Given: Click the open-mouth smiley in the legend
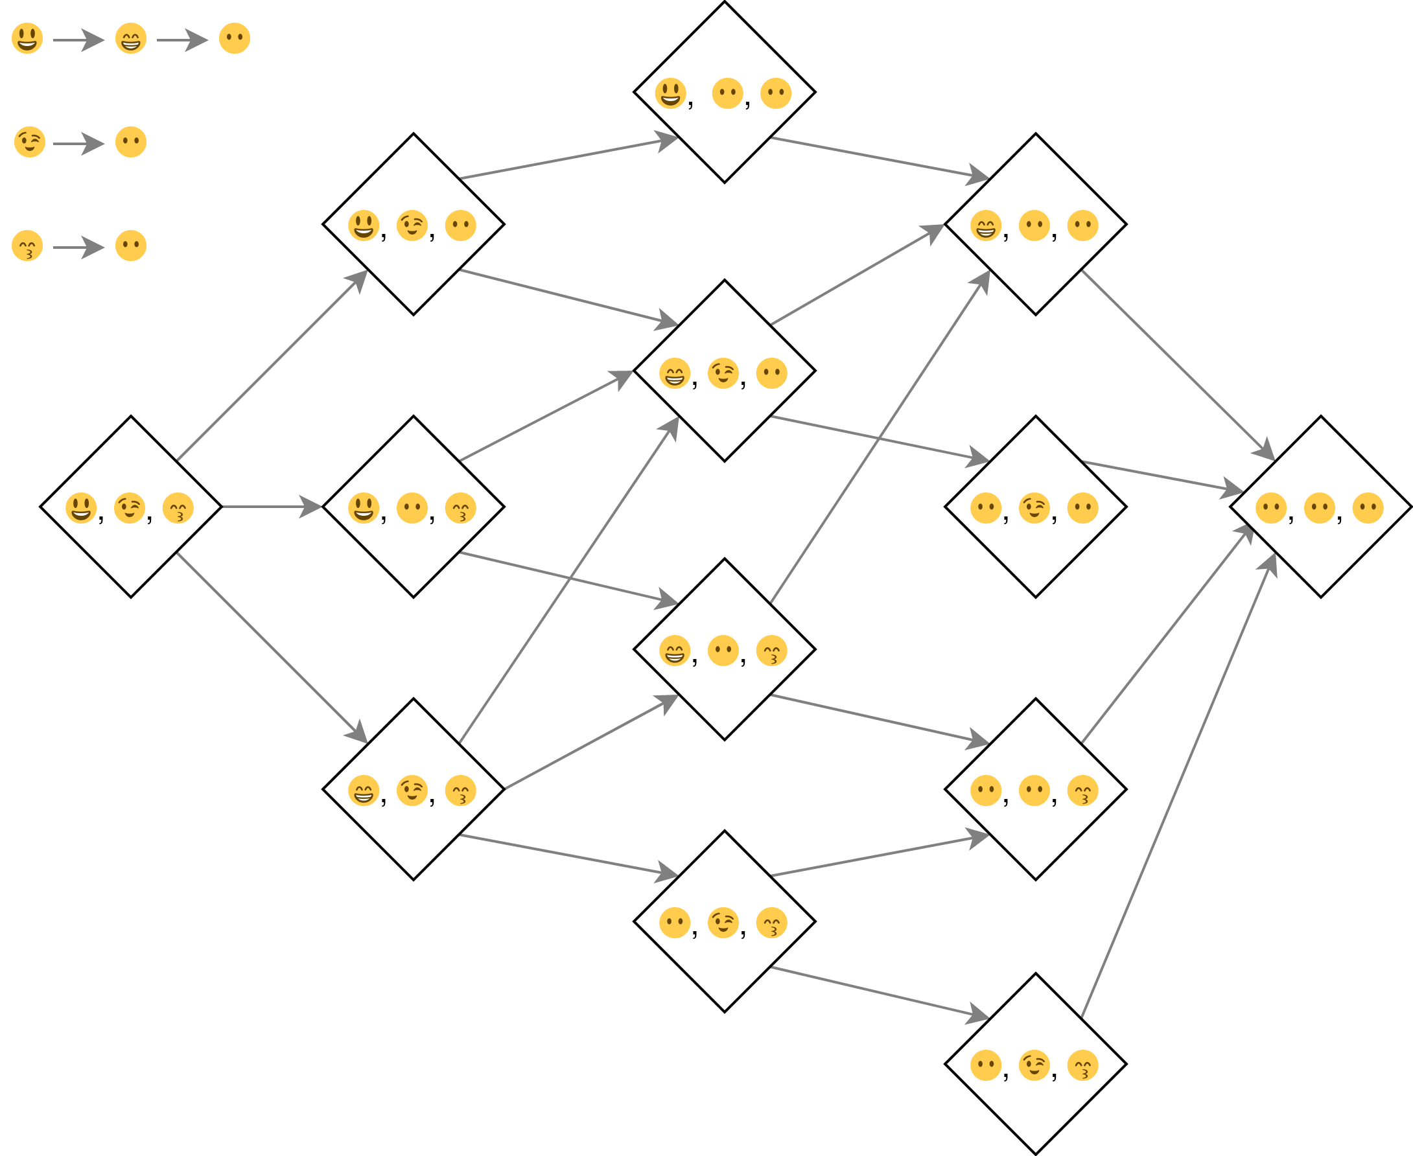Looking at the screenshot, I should [x=27, y=39].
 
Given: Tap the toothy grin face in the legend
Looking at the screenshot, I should [x=130, y=39].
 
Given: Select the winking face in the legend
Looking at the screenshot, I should [x=30, y=142].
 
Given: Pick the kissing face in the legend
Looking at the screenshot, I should [x=27, y=246].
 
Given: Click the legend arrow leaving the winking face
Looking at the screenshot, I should [x=78, y=144].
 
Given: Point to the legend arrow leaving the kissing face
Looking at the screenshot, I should [x=78, y=248].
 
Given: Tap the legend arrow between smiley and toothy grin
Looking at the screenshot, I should [x=78, y=41].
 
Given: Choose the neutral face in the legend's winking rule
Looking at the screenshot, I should [x=130, y=142].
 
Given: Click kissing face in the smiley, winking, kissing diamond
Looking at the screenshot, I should [x=178, y=508].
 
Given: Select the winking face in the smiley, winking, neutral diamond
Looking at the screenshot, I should [x=412, y=225].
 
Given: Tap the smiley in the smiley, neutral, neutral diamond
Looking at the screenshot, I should [x=670, y=93].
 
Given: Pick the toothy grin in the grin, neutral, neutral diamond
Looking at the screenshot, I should [x=985, y=225].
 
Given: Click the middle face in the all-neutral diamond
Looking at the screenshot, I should [x=1319, y=508].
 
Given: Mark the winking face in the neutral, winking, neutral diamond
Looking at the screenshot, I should [x=1034, y=508].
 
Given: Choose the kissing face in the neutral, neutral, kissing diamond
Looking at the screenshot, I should [x=1082, y=791].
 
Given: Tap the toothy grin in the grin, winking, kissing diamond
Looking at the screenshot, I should [x=363, y=791].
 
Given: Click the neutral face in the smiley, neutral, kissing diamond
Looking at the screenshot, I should [x=412, y=508].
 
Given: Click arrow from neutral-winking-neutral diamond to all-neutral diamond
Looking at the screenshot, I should [x=1163, y=476].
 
